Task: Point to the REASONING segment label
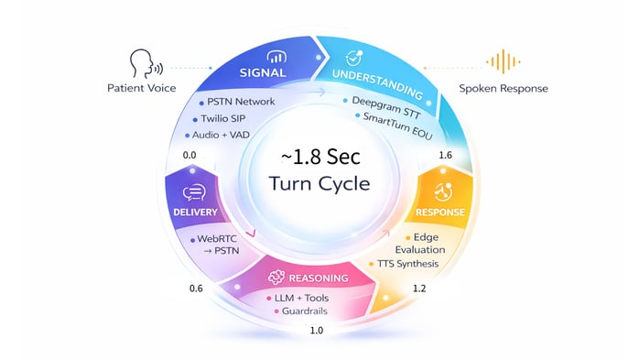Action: point(310,278)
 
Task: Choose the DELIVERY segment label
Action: point(194,212)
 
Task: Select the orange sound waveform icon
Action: point(498,62)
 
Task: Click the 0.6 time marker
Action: point(196,289)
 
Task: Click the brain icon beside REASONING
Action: point(274,278)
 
